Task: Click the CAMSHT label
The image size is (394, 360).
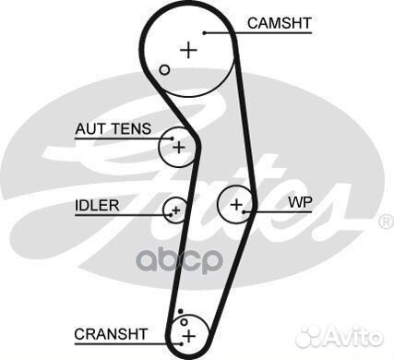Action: (280, 22)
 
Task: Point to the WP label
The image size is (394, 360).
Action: (300, 201)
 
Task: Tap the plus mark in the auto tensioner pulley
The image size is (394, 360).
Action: (179, 147)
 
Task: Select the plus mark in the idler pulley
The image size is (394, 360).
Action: (175, 211)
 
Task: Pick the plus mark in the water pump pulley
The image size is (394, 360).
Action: (237, 203)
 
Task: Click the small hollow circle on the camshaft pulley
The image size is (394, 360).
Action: (164, 70)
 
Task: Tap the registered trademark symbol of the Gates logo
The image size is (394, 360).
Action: (386, 222)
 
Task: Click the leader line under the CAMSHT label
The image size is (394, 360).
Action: (268, 33)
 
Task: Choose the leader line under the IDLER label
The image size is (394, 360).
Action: (120, 214)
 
